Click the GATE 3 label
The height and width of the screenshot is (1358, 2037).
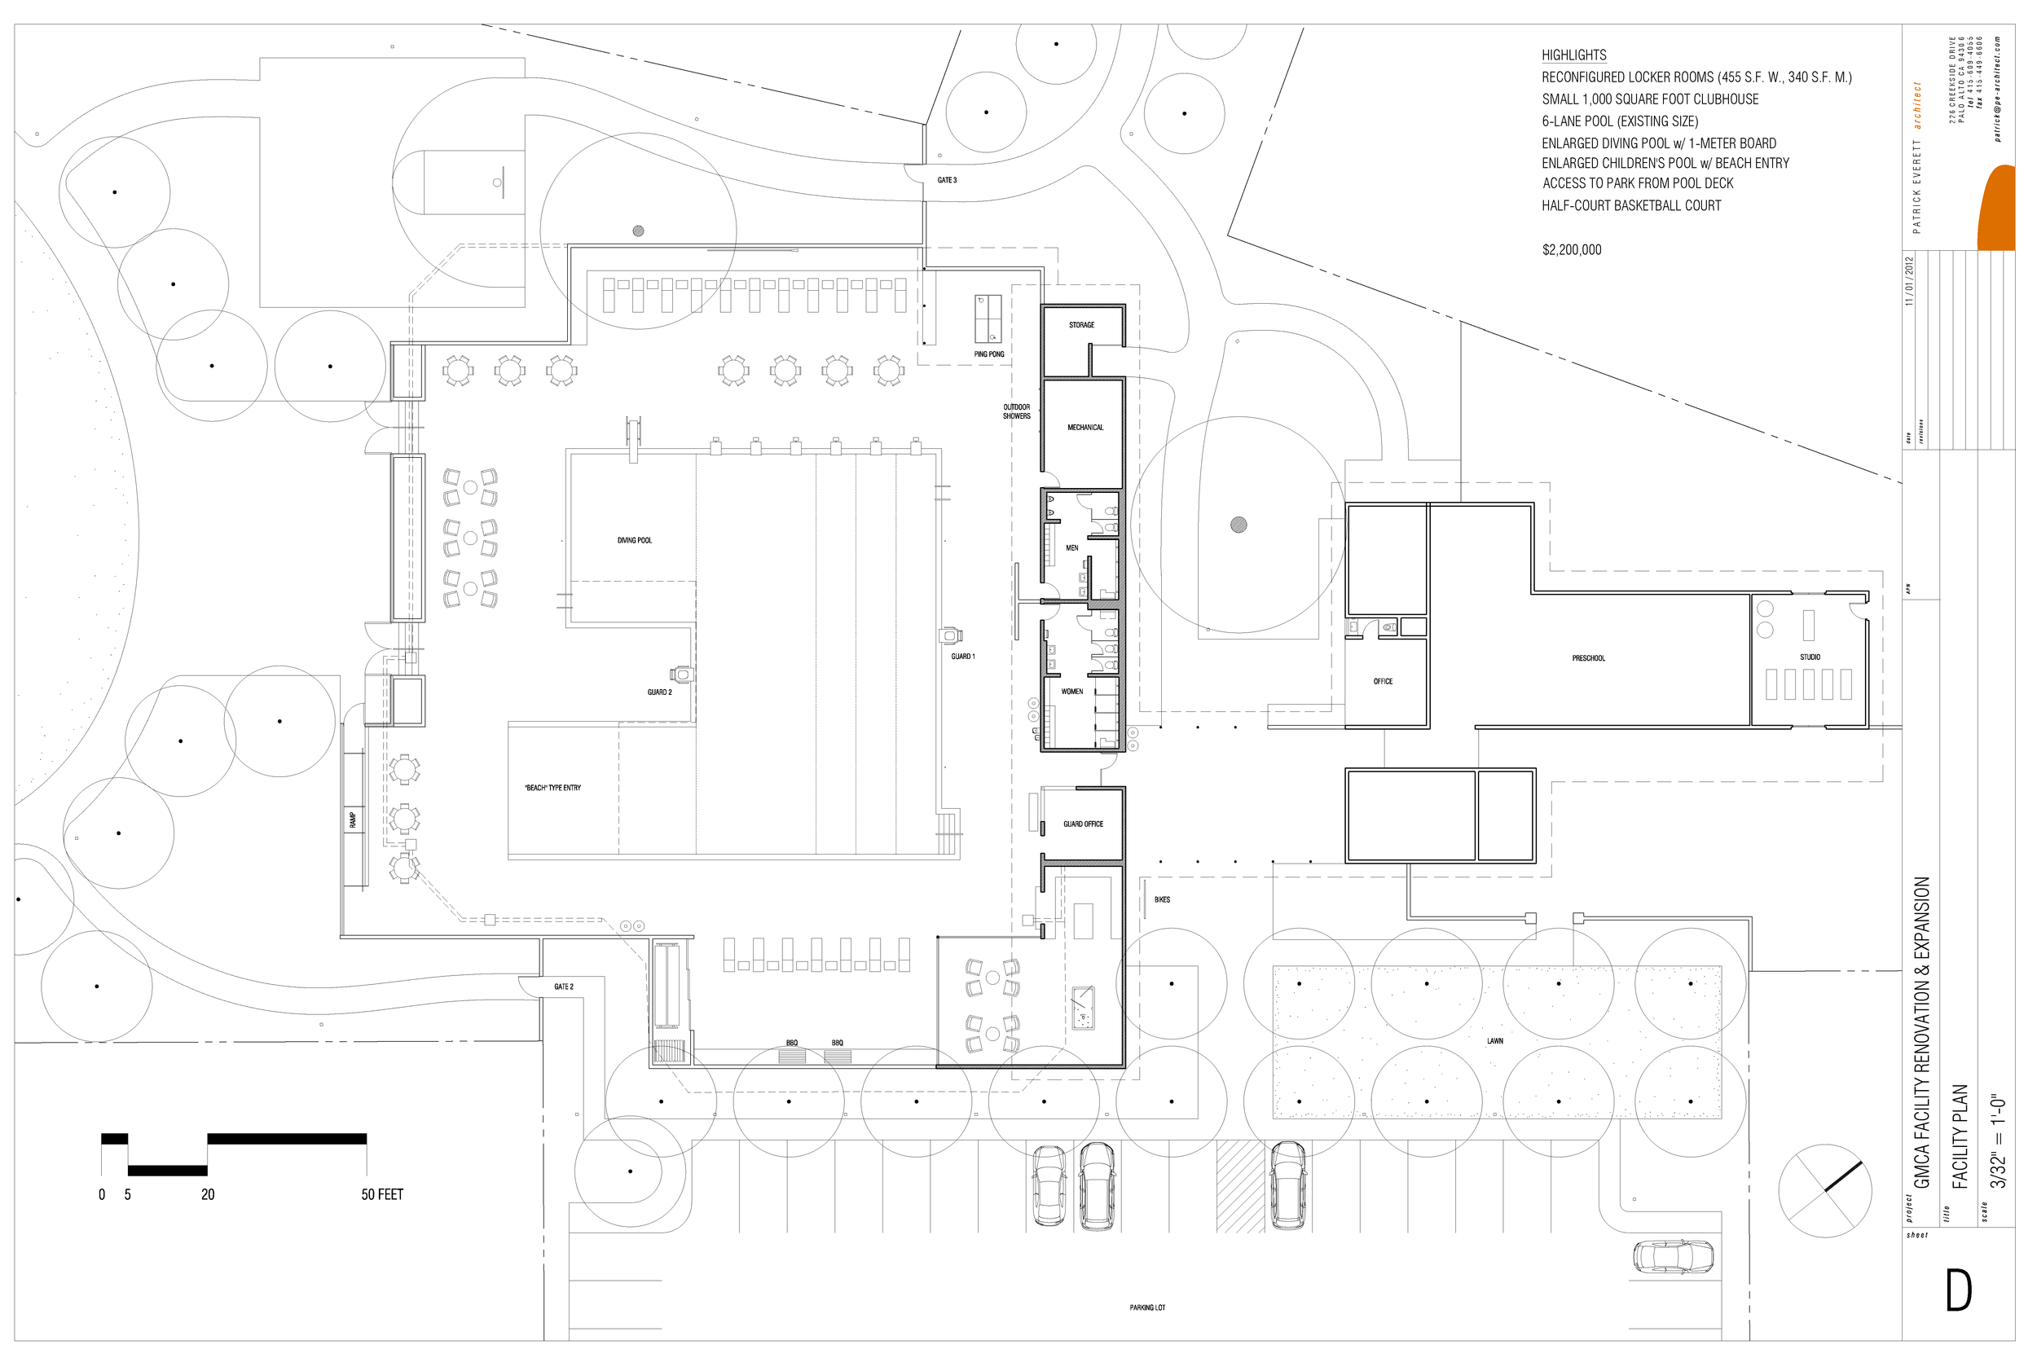[x=947, y=180]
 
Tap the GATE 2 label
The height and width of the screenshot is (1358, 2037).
[x=563, y=987]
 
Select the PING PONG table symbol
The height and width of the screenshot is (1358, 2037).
[x=988, y=319]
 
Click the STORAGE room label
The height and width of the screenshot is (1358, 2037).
[x=1081, y=325]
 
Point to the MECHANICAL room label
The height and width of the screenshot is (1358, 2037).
[x=1084, y=427]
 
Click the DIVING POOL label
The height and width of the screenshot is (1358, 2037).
[x=634, y=540]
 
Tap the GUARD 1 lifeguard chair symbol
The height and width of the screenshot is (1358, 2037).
[x=950, y=635]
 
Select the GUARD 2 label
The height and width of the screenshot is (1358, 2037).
[x=659, y=692]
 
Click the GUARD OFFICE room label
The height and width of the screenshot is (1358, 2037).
[x=1083, y=824]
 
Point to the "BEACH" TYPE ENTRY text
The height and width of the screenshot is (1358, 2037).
[x=552, y=787]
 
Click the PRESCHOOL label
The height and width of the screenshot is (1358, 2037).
[x=1588, y=658]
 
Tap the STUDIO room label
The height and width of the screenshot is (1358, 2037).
[x=1809, y=657]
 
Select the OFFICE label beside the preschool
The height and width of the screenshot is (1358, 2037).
[x=1382, y=682]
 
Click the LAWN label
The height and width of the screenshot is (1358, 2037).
[x=1495, y=1041]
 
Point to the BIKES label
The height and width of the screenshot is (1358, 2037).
[x=1161, y=900]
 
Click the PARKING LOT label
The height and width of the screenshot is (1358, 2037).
[x=1146, y=1307]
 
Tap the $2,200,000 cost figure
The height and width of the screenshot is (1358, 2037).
[x=1571, y=250]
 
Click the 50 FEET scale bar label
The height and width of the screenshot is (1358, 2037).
[x=382, y=1194]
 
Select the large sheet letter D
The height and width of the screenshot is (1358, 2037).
[x=1958, y=1291]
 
